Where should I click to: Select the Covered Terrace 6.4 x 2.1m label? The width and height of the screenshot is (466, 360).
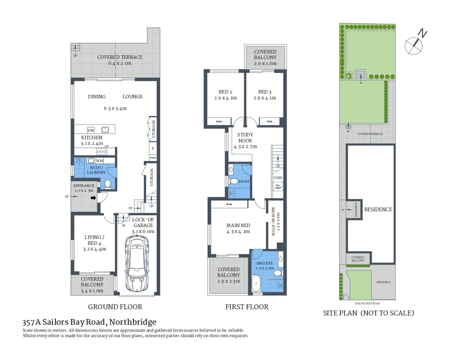119,60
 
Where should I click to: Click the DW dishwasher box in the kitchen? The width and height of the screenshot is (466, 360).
91,130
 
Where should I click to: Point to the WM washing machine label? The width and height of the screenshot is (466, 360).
99,161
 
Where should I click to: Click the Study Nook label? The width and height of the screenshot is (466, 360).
245,140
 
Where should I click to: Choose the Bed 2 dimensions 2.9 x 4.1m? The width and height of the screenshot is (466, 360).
225,98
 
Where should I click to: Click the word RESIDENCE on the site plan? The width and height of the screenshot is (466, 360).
378,209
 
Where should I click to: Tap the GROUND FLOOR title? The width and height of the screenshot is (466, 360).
115,307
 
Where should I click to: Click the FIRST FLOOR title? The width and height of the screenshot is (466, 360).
247,307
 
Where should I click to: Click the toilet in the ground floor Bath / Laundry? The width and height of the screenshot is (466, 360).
108,183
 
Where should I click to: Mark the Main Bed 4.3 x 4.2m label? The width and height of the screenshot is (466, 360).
238,228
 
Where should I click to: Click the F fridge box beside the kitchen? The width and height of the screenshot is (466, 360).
153,148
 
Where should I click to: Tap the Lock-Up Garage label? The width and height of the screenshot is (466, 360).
143,225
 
